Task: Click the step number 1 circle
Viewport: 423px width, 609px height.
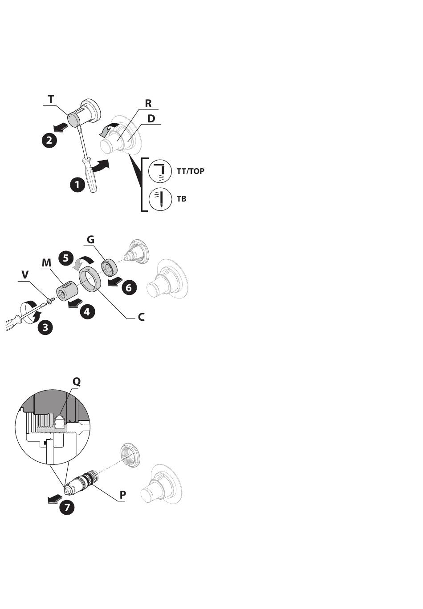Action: tap(77, 185)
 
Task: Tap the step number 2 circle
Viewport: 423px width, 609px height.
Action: tap(49, 140)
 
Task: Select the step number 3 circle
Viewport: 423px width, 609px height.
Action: tap(45, 327)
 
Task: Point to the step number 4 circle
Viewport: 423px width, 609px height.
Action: tap(87, 311)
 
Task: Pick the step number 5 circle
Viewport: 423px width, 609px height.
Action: tap(66, 258)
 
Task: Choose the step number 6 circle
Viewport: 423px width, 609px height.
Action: tap(129, 288)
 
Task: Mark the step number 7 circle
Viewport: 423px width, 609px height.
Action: tap(67, 507)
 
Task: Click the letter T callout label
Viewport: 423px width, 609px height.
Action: tap(51, 100)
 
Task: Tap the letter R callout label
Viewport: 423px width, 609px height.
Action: tap(148, 104)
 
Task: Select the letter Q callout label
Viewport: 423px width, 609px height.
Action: tap(77, 382)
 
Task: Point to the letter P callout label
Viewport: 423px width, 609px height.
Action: tap(123, 495)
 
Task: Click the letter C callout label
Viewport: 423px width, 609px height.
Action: tap(141, 317)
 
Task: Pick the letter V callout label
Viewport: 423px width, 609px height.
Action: tap(25, 275)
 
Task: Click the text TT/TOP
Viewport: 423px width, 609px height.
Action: tap(191, 171)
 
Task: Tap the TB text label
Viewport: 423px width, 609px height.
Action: tap(182, 199)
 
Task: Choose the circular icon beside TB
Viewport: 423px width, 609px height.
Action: tap(160, 199)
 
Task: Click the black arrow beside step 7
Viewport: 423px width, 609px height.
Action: tap(54, 499)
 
